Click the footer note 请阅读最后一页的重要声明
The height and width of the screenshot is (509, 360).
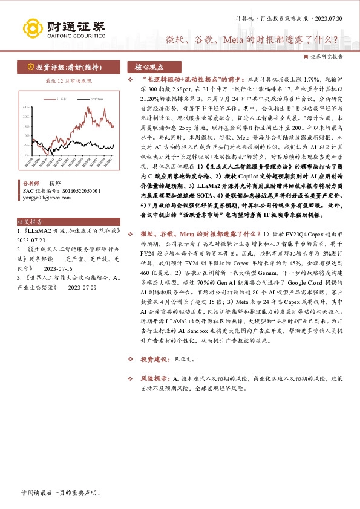click(x=60, y=493)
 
